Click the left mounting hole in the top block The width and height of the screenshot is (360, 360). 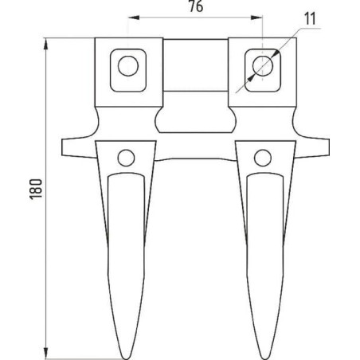point(127,65)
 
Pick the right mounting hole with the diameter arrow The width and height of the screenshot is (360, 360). point(260,65)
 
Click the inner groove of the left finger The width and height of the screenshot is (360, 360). point(127,239)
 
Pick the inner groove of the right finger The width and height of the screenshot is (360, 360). point(261,239)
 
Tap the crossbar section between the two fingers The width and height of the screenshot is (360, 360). point(194,147)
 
